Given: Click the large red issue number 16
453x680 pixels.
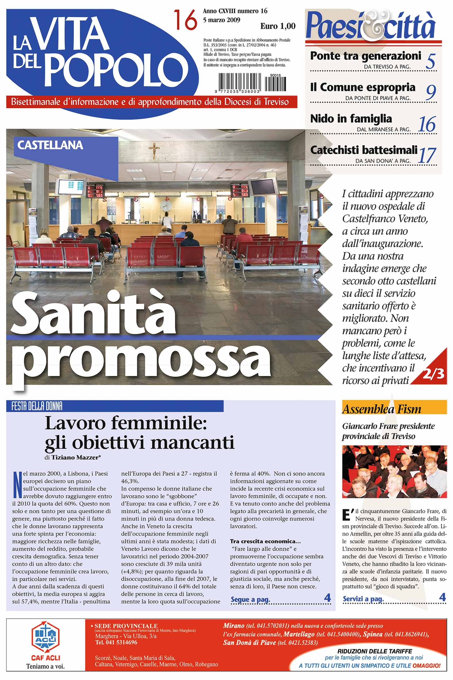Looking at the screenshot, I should coord(185,20).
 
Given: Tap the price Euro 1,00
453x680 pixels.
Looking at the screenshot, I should coord(278,26).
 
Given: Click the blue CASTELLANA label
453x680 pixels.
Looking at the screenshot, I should coord(50,145).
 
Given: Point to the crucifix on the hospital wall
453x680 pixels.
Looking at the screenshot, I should coord(154,150).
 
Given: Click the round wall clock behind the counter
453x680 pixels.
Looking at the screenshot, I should coord(166,206).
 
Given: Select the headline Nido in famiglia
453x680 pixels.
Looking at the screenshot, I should coord(351,119).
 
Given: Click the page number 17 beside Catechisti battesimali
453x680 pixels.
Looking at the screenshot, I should coord(427,155).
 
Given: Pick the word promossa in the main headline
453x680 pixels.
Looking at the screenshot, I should coord(145,359).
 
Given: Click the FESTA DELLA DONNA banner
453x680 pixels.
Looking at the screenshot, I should coord(37,407).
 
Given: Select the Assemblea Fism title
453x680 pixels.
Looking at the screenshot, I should coord(381,409).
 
